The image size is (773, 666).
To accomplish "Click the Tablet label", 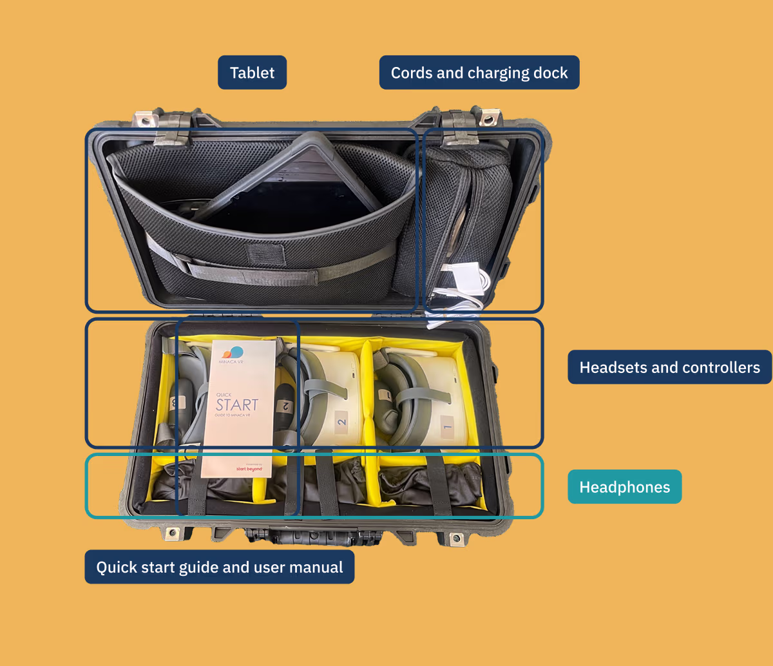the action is (x=252, y=73).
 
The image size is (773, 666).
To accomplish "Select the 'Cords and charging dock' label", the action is (x=479, y=73).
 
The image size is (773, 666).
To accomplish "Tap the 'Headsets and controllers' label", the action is (x=669, y=367).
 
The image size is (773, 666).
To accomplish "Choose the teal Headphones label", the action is (x=624, y=487).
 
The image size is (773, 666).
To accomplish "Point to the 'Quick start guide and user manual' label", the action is (x=220, y=567).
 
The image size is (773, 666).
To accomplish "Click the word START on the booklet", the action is (x=237, y=405).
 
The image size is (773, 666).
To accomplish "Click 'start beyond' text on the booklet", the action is (x=249, y=468).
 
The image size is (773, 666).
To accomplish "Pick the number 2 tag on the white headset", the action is (x=342, y=423).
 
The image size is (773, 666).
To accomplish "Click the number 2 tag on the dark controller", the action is (x=285, y=406).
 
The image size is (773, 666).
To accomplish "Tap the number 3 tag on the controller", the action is (x=174, y=403).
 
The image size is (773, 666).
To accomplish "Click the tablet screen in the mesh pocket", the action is (x=283, y=206).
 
